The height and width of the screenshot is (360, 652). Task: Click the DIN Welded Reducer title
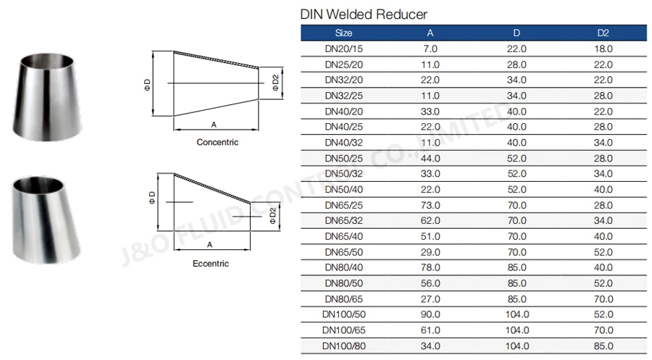(364, 14)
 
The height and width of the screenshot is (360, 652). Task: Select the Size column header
(344, 33)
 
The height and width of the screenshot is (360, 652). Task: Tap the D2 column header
(604, 33)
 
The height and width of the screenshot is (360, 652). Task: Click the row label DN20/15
(344, 49)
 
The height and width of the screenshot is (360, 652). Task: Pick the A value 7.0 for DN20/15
(430, 49)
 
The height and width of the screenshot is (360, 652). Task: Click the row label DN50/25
(344, 157)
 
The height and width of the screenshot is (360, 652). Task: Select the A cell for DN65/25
(430, 206)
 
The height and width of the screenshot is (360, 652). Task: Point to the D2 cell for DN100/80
(604, 346)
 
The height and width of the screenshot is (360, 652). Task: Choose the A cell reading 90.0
(430, 314)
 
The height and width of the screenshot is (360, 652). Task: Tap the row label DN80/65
(344, 298)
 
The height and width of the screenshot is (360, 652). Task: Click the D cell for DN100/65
(517, 330)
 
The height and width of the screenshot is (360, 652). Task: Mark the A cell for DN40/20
(430, 111)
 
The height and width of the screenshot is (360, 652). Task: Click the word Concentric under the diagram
(217, 143)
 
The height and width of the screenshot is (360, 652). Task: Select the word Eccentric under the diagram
(212, 264)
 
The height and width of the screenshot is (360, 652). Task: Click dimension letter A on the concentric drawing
(214, 124)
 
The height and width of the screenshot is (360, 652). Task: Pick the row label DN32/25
(344, 95)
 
